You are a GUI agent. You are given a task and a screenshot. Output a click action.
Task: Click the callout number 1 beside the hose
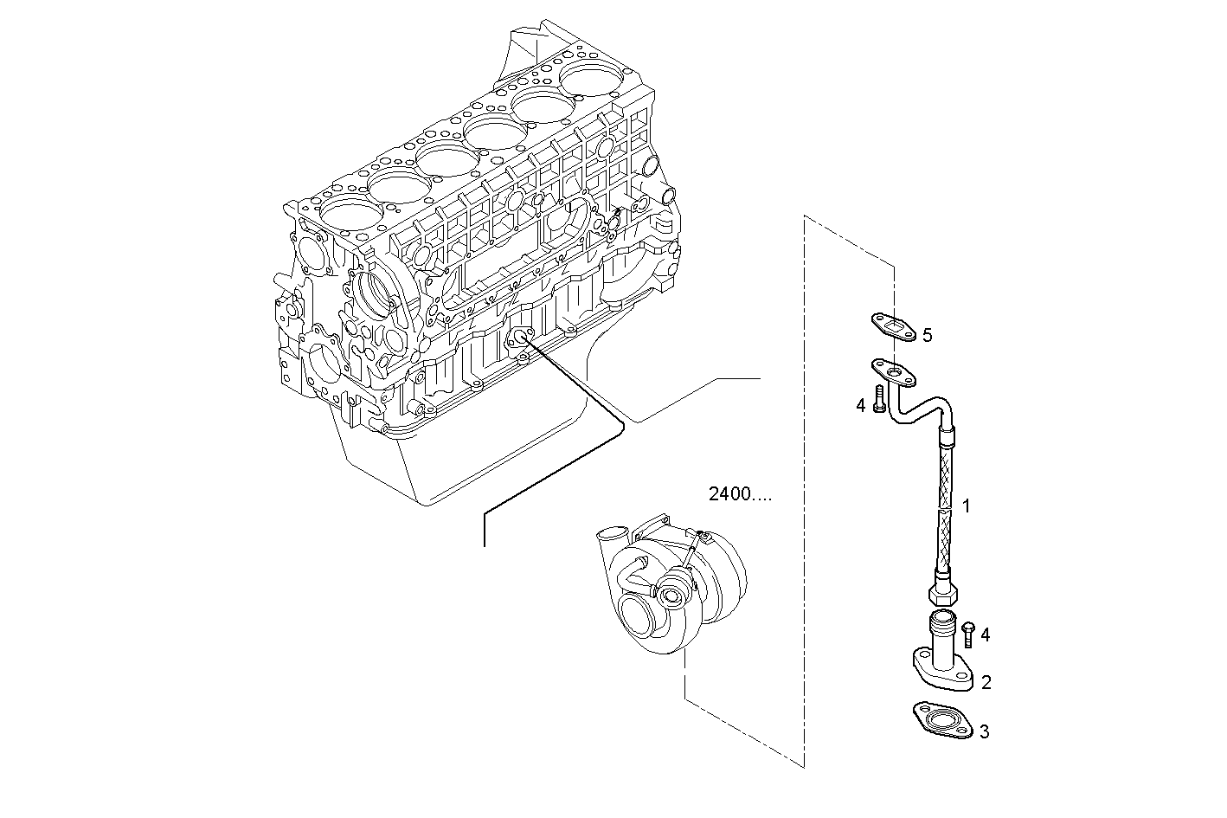tap(967, 506)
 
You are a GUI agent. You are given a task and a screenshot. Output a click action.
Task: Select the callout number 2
tap(986, 683)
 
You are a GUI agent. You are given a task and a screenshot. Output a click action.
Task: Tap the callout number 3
tap(984, 732)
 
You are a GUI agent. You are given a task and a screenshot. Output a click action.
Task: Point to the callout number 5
tap(927, 335)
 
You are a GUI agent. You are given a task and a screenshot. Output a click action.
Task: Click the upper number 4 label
tap(861, 405)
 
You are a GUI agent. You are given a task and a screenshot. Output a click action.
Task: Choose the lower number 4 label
tap(985, 635)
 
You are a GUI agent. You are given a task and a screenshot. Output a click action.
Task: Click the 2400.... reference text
tap(740, 495)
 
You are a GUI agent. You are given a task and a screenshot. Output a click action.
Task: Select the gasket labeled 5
tap(892, 327)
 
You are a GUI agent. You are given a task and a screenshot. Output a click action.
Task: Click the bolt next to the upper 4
tap(879, 400)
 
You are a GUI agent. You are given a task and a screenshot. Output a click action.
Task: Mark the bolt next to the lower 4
tap(968, 634)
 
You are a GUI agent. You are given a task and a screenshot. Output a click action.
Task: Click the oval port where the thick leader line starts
tap(522, 338)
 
